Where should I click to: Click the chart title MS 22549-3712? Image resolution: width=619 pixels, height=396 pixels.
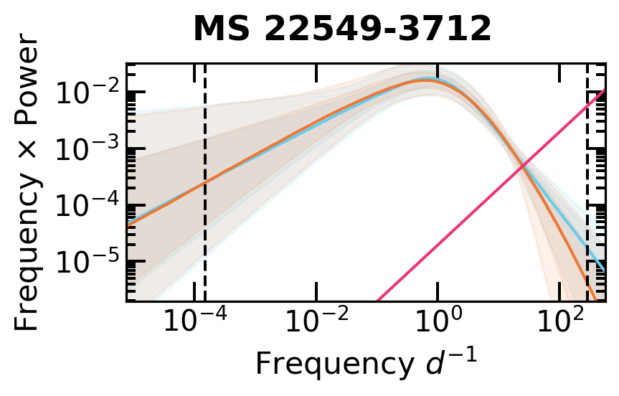(x=342, y=29)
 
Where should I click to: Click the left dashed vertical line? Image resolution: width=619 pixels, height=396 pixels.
(x=206, y=237)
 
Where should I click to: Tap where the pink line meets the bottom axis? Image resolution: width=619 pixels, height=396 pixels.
(x=377, y=300)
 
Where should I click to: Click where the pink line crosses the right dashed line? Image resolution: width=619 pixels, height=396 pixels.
(x=587, y=104)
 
